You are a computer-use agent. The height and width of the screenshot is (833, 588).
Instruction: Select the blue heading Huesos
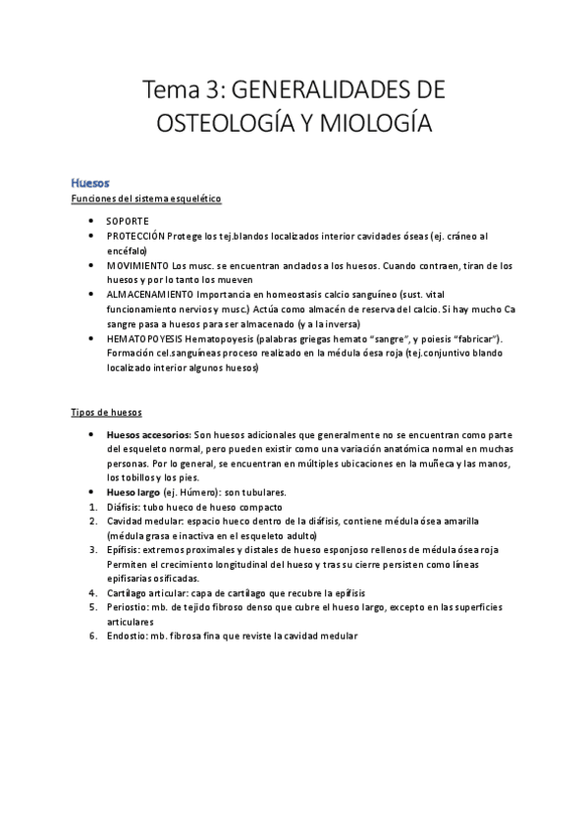pyautogui.click(x=90, y=183)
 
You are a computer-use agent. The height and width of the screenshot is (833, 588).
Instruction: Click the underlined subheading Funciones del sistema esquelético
pyautogui.click(x=146, y=199)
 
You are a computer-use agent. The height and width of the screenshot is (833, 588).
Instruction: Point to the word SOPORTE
pyautogui.click(x=128, y=221)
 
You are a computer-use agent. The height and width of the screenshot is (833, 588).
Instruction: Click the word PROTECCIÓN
pyautogui.click(x=135, y=237)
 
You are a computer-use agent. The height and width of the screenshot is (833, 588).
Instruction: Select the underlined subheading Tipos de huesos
pyautogui.click(x=107, y=413)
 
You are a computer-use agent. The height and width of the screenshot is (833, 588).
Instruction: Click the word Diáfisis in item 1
pyautogui.click(x=124, y=506)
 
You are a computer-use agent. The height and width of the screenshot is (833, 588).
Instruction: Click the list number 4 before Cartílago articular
pyautogui.click(x=91, y=593)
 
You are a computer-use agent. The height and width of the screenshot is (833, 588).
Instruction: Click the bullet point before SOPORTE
pyautogui.click(x=91, y=221)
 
